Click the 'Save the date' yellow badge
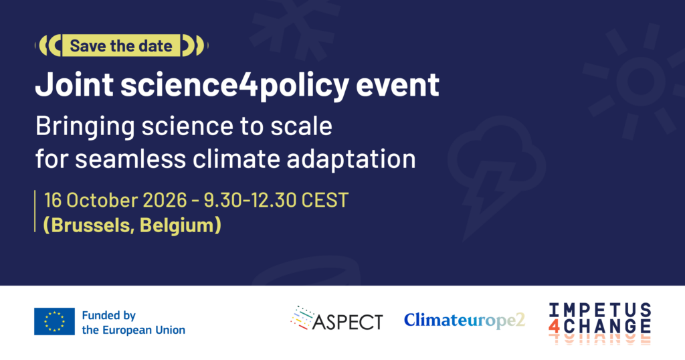coord(121,46)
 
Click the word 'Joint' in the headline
coord(74,84)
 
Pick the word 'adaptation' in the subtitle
coord(351,160)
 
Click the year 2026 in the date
coord(165,200)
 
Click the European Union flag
coord(55,322)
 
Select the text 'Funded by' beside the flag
coord(109,315)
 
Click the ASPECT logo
coord(337,319)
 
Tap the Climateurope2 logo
coord(464,321)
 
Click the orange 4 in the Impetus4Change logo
coord(554,326)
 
